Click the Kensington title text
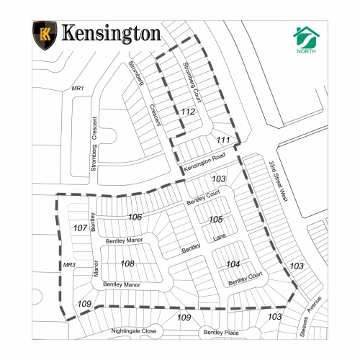pos(110,34)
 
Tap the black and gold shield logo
pos(45,34)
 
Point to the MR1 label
pos(78,88)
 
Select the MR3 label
pos(69,266)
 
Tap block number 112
pos(188,112)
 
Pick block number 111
pos(223,139)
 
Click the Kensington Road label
pos(205,163)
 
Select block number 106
pos(135,217)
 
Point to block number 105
pos(215,219)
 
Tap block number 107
pos(81,228)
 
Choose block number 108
pos(127,264)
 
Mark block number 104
pos(233,264)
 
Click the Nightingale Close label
pos(133,330)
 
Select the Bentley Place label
pos(221,332)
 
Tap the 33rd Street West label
pos(279,181)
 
